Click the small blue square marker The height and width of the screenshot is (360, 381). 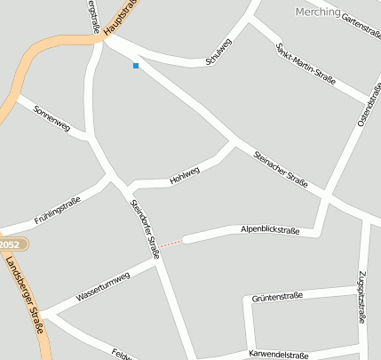[136, 66]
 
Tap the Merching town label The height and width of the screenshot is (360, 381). [316, 12]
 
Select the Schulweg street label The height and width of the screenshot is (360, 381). [218, 52]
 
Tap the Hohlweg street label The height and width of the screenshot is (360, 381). [185, 177]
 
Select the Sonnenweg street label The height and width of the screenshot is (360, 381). [52, 118]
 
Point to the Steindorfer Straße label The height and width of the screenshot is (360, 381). [145, 228]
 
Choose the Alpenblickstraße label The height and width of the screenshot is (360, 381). [270, 230]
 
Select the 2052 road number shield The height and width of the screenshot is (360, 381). [9, 244]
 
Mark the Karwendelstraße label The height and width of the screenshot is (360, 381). [281, 354]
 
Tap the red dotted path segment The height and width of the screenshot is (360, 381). [171, 243]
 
